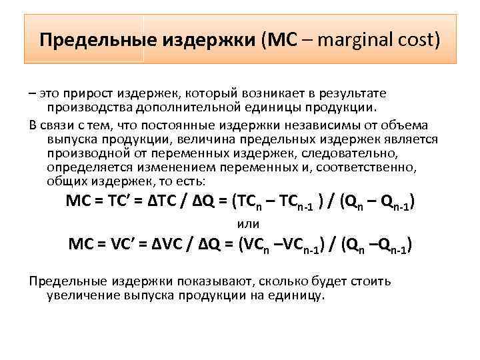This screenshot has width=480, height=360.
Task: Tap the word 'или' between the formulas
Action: (x=249, y=223)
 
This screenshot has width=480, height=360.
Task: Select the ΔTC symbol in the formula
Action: (x=171, y=202)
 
